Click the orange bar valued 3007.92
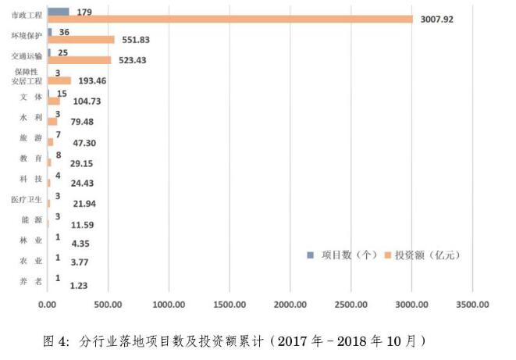point(230,19)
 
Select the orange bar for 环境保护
point(81,39)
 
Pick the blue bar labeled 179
point(59,12)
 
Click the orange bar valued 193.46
point(59,80)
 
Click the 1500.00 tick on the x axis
point(231,305)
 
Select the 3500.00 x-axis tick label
point(474,305)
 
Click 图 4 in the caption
point(56,341)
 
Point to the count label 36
point(65,33)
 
